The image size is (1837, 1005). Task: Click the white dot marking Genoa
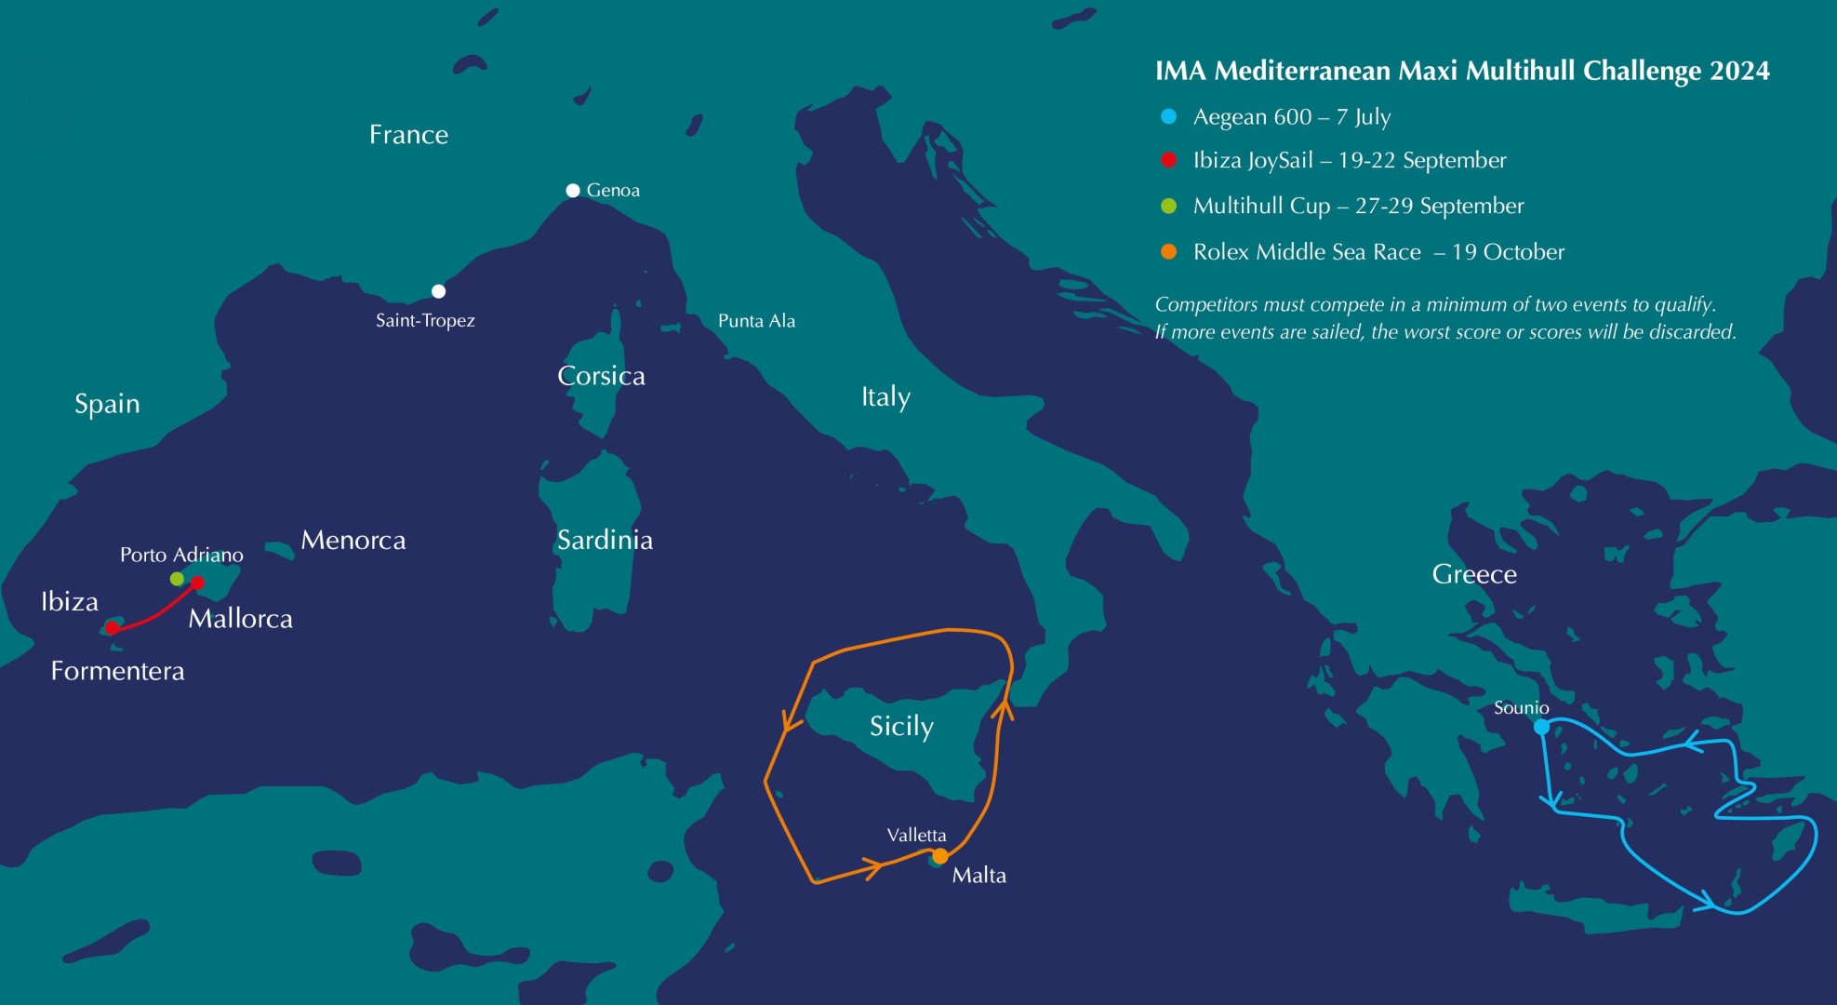[x=573, y=191]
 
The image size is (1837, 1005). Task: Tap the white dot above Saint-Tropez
[x=438, y=291]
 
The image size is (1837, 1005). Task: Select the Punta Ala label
[x=756, y=321]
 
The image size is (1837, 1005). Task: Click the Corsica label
[x=601, y=376]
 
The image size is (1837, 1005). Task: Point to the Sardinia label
[x=605, y=540]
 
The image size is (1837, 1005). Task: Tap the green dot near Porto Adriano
[x=178, y=579]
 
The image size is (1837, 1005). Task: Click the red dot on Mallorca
[x=197, y=583]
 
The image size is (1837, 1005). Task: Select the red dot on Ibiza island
[x=113, y=628]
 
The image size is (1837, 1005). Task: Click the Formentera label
[x=117, y=671]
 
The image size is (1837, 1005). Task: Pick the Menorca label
[x=353, y=540]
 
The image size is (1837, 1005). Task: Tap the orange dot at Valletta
[x=940, y=855]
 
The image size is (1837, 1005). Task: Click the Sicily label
[x=901, y=726]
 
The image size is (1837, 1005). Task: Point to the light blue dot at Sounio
[x=1541, y=727]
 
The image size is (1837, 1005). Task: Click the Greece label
[x=1474, y=574]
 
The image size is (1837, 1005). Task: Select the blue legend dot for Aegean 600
[x=1169, y=116]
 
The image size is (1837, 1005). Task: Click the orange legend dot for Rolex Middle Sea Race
[x=1169, y=251]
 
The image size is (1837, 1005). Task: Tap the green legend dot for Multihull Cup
[x=1169, y=206]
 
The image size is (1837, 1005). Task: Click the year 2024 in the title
[x=1739, y=71]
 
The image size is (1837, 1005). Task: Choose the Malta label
[x=978, y=875]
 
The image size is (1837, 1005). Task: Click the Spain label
[x=107, y=404]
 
